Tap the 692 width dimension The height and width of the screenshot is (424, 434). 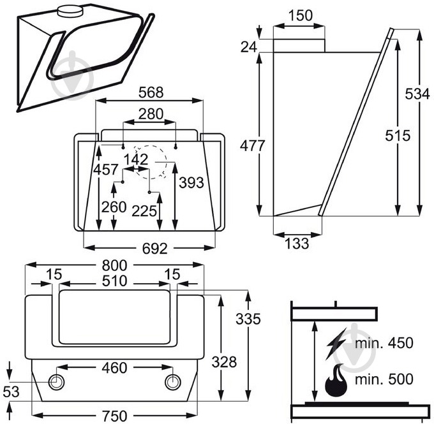pos(149,247)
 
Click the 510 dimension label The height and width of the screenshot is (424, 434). pos(114,281)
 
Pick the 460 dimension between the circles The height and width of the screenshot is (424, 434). pos(114,368)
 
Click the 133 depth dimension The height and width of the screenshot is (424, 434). pos(296,243)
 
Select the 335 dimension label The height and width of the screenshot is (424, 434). pos(248,319)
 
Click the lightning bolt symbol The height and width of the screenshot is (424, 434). pos(336,344)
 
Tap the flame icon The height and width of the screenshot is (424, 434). pos(336,382)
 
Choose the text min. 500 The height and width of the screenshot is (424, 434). pos(385,380)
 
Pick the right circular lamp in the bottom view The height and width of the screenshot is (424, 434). pos(174,382)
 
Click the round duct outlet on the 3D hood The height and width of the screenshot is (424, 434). pos(70,11)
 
